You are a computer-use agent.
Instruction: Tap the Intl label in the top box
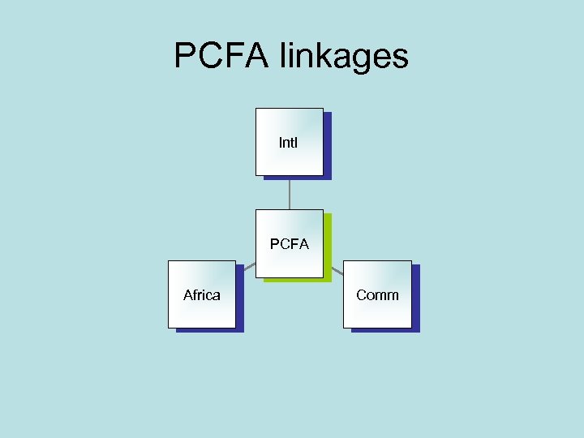(x=288, y=143)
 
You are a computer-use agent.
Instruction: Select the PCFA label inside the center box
(x=290, y=244)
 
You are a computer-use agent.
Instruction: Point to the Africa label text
(x=201, y=295)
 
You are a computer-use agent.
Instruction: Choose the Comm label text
(x=377, y=295)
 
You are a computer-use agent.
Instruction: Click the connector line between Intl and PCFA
(x=290, y=193)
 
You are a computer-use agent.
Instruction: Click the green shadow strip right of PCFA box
(x=328, y=247)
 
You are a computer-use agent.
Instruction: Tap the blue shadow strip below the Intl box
(x=294, y=177)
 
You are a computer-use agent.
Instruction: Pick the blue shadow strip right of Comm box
(x=416, y=298)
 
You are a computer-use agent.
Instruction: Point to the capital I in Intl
(x=281, y=143)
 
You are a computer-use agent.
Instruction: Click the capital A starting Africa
(x=188, y=295)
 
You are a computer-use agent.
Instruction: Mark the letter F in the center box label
(x=294, y=244)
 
